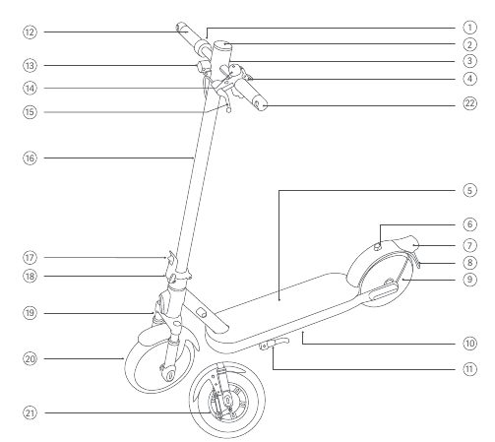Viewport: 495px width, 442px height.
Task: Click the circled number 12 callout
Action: coord(30,32)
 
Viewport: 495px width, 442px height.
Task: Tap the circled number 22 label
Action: coord(469,103)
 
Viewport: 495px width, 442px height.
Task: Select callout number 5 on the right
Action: coord(469,190)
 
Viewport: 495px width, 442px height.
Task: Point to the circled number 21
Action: coord(30,412)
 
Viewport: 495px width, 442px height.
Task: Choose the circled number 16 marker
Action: coord(30,158)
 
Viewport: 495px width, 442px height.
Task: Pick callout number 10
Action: coord(469,344)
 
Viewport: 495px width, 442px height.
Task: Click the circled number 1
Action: coord(469,28)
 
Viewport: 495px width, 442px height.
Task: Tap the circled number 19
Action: coord(30,313)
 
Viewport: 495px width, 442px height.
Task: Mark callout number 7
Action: coord(469,245)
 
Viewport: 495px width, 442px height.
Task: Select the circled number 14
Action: coord(30,89)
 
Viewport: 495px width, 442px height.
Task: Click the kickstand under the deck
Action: coord(275,345)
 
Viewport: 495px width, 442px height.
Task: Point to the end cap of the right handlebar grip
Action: coord(261,105)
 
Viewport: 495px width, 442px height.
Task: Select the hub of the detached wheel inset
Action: coord(227,400)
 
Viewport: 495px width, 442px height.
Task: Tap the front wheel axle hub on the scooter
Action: coord(169,375)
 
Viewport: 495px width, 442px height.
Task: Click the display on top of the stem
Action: coord(222,44)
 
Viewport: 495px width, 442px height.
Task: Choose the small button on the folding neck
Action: coord(202,313)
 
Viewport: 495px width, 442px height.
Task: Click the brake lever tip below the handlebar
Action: coord(229,109)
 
